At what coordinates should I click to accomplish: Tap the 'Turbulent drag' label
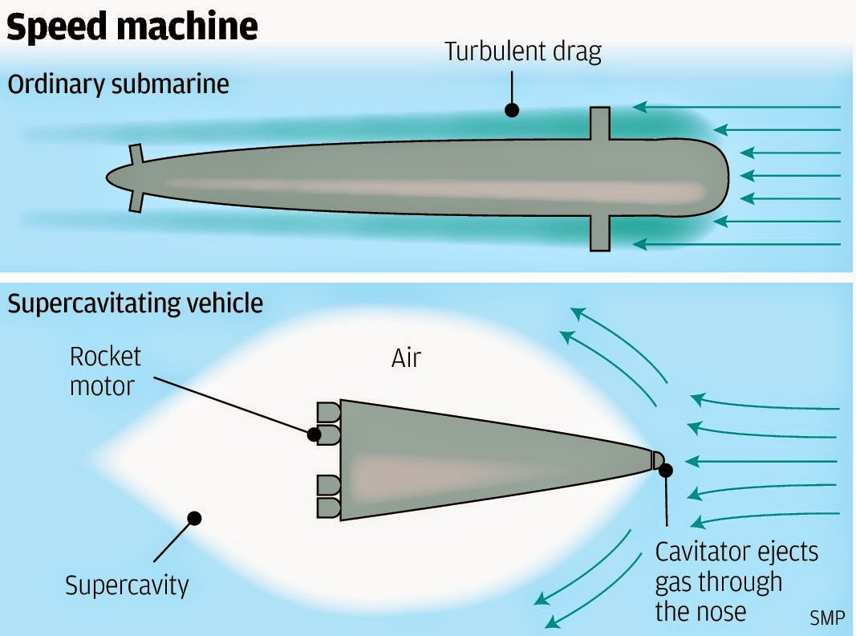point(523,53)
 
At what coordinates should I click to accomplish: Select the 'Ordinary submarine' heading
point(119,84)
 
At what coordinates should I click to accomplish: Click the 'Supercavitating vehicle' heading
point(135,304)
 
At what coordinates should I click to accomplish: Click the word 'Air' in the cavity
point(406,358)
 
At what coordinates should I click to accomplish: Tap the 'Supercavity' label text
point(127,585)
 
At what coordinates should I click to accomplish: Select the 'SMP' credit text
point(827,618)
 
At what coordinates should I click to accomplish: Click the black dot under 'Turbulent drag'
point(510,110)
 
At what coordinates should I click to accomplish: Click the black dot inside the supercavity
point(193,518)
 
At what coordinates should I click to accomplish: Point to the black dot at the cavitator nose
point(665,469)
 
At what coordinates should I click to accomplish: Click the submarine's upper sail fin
point(599,123)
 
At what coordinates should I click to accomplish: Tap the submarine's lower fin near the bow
point(599,234)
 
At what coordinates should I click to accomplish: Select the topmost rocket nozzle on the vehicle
point(329,412)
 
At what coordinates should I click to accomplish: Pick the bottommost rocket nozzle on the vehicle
point(329,508)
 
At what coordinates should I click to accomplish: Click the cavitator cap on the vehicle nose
point(656,459)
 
